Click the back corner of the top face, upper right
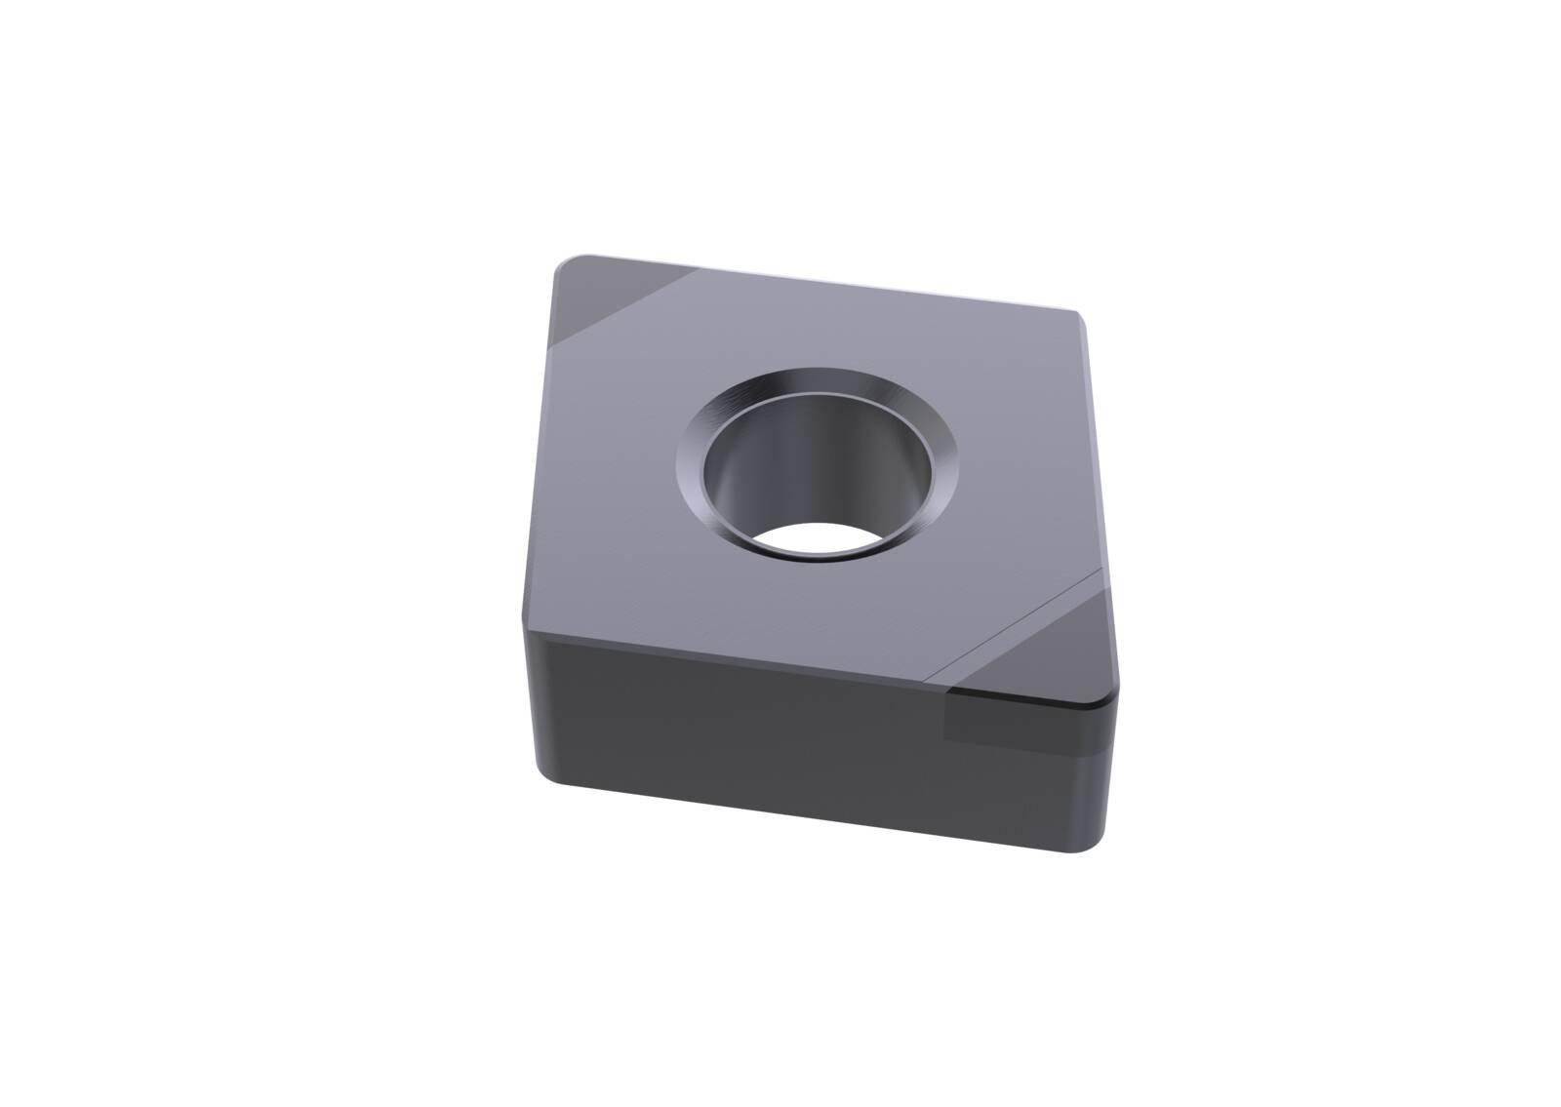[x=1079, y=317]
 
